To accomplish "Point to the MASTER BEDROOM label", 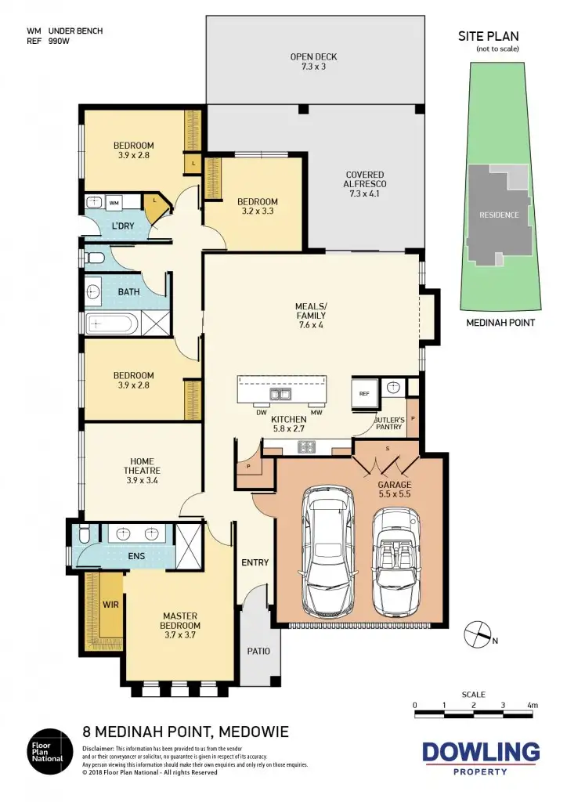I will click(182, 626).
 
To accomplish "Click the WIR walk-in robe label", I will click(110, 605).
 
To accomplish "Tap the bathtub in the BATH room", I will click(111, 323).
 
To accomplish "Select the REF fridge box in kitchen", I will click(364, 394).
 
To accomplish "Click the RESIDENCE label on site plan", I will click(499, 215).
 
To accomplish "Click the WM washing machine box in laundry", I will click(114, 204).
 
